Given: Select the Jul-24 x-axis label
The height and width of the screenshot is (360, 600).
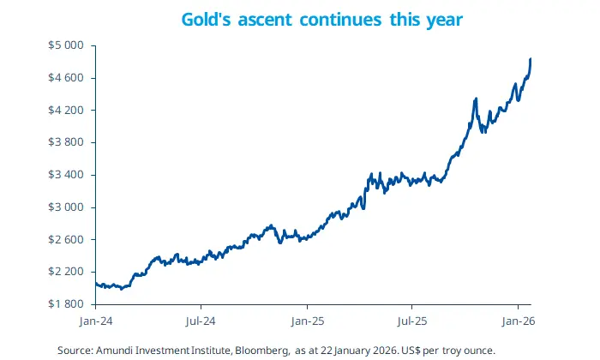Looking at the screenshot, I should (x=201, y=322).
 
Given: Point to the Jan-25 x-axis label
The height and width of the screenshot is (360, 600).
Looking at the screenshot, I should (x=307, y=322).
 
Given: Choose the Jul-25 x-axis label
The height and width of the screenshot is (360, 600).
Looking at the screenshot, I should (x=411, y=322).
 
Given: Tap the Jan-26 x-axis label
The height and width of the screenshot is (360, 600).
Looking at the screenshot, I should (x=518, y=322).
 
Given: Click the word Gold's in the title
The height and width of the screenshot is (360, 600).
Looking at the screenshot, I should (x=206, y=18).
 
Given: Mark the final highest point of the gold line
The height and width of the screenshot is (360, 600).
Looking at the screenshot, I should (x=531, y=59).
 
